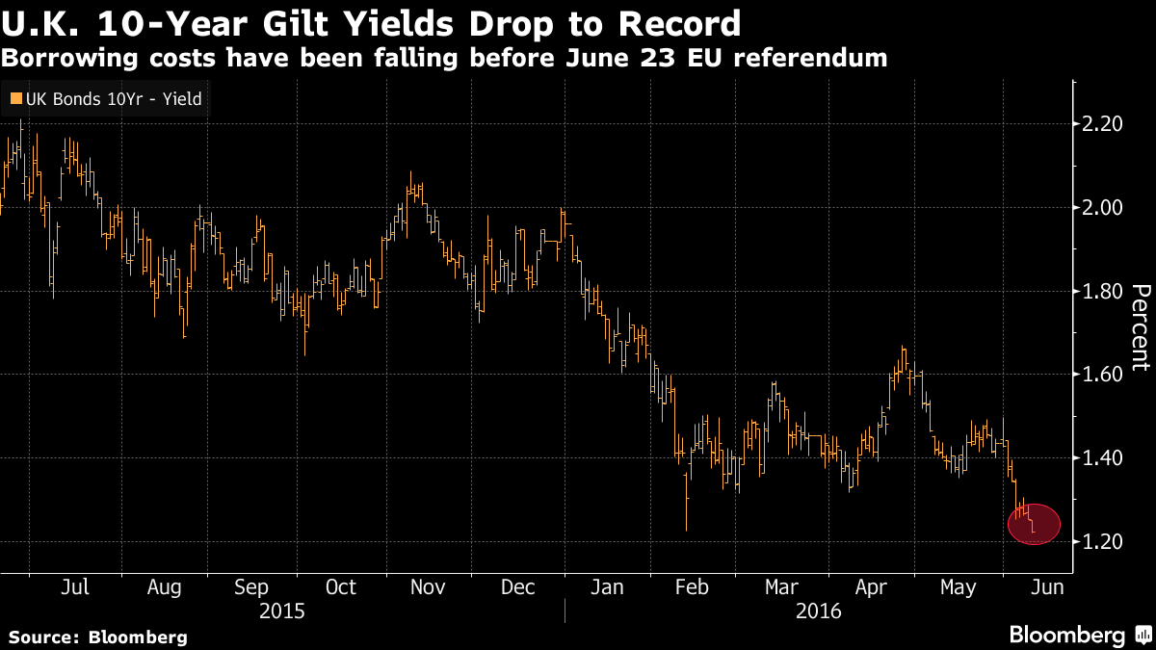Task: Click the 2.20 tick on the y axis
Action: [1103, 124]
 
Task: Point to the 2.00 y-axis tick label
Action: [1103, 208]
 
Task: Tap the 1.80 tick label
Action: [1103, 292]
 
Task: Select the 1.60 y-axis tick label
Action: [1103, 375]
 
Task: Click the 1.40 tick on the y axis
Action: [1103, 458]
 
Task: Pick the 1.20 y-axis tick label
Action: [1103, 542]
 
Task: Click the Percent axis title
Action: [1141, 327]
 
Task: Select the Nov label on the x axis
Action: [428, 587]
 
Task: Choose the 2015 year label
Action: [283, 611]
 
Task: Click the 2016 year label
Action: [820, 611]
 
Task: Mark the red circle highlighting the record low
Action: [1034, 524]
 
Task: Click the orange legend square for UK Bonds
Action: [14, 97]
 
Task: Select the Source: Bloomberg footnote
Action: [97, 637]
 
